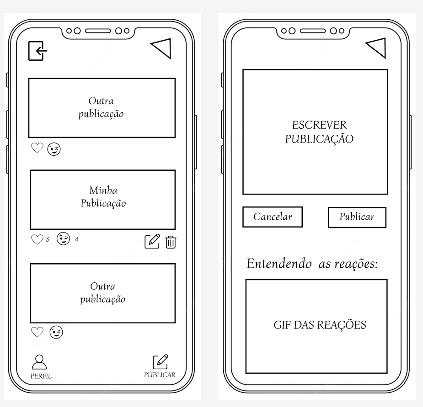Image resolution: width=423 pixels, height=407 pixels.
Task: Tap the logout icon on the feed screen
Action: (x=37, y=51)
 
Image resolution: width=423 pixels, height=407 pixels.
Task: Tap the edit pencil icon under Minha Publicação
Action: (x=152, y=241)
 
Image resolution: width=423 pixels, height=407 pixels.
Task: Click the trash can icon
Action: (x=170, y=241)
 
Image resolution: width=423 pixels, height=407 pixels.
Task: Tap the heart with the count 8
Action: (x=37, y=239)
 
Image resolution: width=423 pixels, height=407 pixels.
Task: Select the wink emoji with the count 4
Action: (x=63, y=239)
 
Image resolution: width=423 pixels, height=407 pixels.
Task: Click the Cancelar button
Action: (x=273, y=217)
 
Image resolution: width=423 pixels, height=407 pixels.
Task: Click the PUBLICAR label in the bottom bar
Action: (x=160, y=375)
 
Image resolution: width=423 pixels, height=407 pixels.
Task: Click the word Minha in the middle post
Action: (x=100, y=190)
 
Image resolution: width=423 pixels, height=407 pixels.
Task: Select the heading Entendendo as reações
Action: (x=312, y=264)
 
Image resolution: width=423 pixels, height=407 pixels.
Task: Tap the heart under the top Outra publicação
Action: (x=37, y=148)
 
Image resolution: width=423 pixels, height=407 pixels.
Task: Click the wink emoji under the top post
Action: (x=54, y=149)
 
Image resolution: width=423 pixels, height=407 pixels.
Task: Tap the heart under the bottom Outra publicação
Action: (x=37, y=332)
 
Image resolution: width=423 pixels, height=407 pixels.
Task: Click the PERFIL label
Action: (x=41, y=376)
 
